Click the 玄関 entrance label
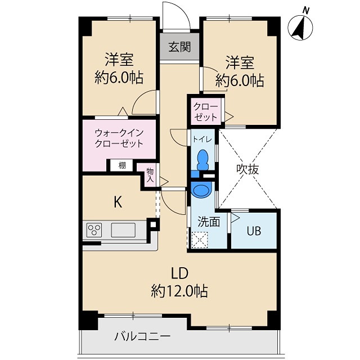click(179, 47)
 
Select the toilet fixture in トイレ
click(202, 160)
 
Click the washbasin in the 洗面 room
click(201, 190)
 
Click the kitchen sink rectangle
click(123, 230)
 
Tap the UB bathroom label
click(254, 231)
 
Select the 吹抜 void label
click(247, 169)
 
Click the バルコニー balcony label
click(142, 337)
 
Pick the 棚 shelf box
click(122, 165)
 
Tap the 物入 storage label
click(150, 175)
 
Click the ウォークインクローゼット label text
click(119, 138)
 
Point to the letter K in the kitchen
click(118, 202)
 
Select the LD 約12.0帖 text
click(179, 282)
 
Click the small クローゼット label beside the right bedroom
click(205, 112)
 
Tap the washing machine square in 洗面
click(200, 240)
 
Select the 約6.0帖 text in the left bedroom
click(119, 78)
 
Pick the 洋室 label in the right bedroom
click(240, 62)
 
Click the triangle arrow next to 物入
click(164, 182)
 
